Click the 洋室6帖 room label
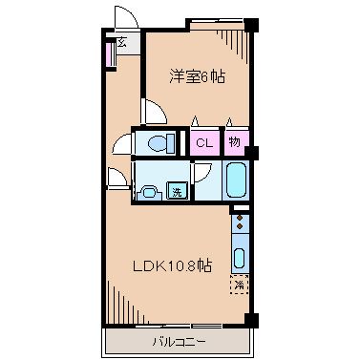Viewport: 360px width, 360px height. (x=198, y=77)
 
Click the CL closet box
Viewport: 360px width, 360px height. (x=202, y=142)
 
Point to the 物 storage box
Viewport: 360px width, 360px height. (x=235, y=142)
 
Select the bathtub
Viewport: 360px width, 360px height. (x=236, y=179)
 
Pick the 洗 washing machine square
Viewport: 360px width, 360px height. (x=177, y=191)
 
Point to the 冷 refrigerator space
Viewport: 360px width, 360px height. (x=239, y=285)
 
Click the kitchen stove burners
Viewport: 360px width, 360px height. (x=239, y=227)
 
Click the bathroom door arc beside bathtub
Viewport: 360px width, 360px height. (x=203, y=173)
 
